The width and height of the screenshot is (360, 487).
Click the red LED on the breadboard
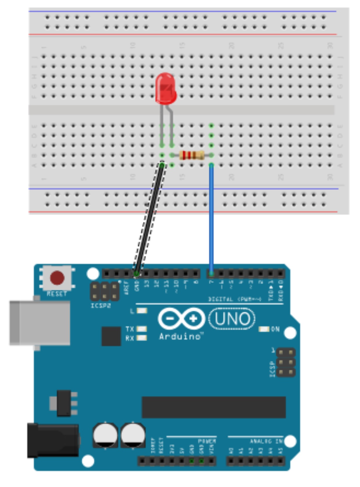(x=166, y=89)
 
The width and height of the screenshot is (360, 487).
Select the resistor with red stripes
(x=192, y=155)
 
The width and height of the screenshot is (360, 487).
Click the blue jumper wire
(x=211, y=219)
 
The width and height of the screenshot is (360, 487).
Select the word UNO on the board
(x=232, y=319)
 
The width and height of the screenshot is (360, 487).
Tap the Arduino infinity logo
(x=181, y=319)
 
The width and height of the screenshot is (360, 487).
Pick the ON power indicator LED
(x=264, y=329)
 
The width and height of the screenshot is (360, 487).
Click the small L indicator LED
(x=142, y=311)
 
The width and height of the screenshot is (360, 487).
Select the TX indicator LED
(x=142, y=329)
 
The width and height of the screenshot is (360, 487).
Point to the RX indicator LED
(x=142, y=338)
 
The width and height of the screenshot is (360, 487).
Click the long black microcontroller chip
(x=213, y=407)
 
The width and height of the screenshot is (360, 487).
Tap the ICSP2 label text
(x=101, y=306)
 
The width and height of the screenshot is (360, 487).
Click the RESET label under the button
(x=57, y=294)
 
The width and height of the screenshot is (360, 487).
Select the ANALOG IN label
(x=266, y=441)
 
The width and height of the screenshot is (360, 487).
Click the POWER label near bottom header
(x=207, y=441)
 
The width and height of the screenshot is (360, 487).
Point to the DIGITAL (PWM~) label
(x=235, y=299)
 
